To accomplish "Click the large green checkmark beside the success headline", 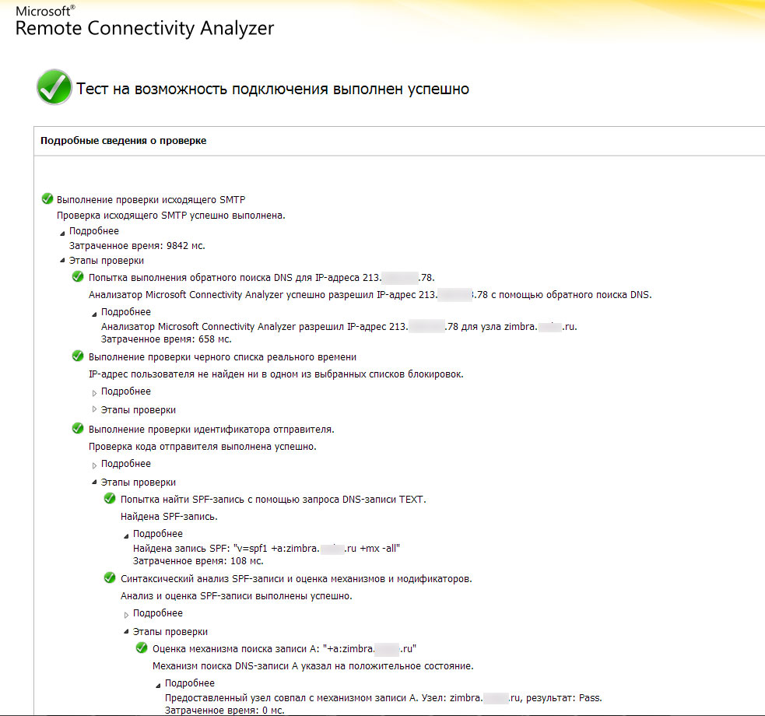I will (x=54, y=87).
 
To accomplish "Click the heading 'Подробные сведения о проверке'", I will (x=123, y=141).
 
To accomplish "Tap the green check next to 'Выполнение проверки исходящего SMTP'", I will (x=47, y=199).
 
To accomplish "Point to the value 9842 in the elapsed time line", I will (x=179, y=245).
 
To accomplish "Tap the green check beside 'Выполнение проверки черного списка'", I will (x=78, y=356).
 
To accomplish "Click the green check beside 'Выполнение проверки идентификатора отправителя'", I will (x=78, y=429).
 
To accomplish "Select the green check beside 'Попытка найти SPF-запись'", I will (x=110, y=499).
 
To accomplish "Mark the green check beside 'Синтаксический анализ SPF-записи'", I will (x=110, y=578).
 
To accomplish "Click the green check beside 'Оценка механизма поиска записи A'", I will (x=142, y=648).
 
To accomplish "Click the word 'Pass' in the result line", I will (x=589, y=698).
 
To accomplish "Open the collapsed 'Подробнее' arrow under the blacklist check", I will (x=95, y=391).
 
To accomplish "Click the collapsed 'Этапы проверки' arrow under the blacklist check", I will (x=95, y=409).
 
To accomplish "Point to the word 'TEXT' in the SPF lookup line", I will (x=412, y=499).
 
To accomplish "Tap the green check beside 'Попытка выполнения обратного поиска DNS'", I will (x=78, y=277).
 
